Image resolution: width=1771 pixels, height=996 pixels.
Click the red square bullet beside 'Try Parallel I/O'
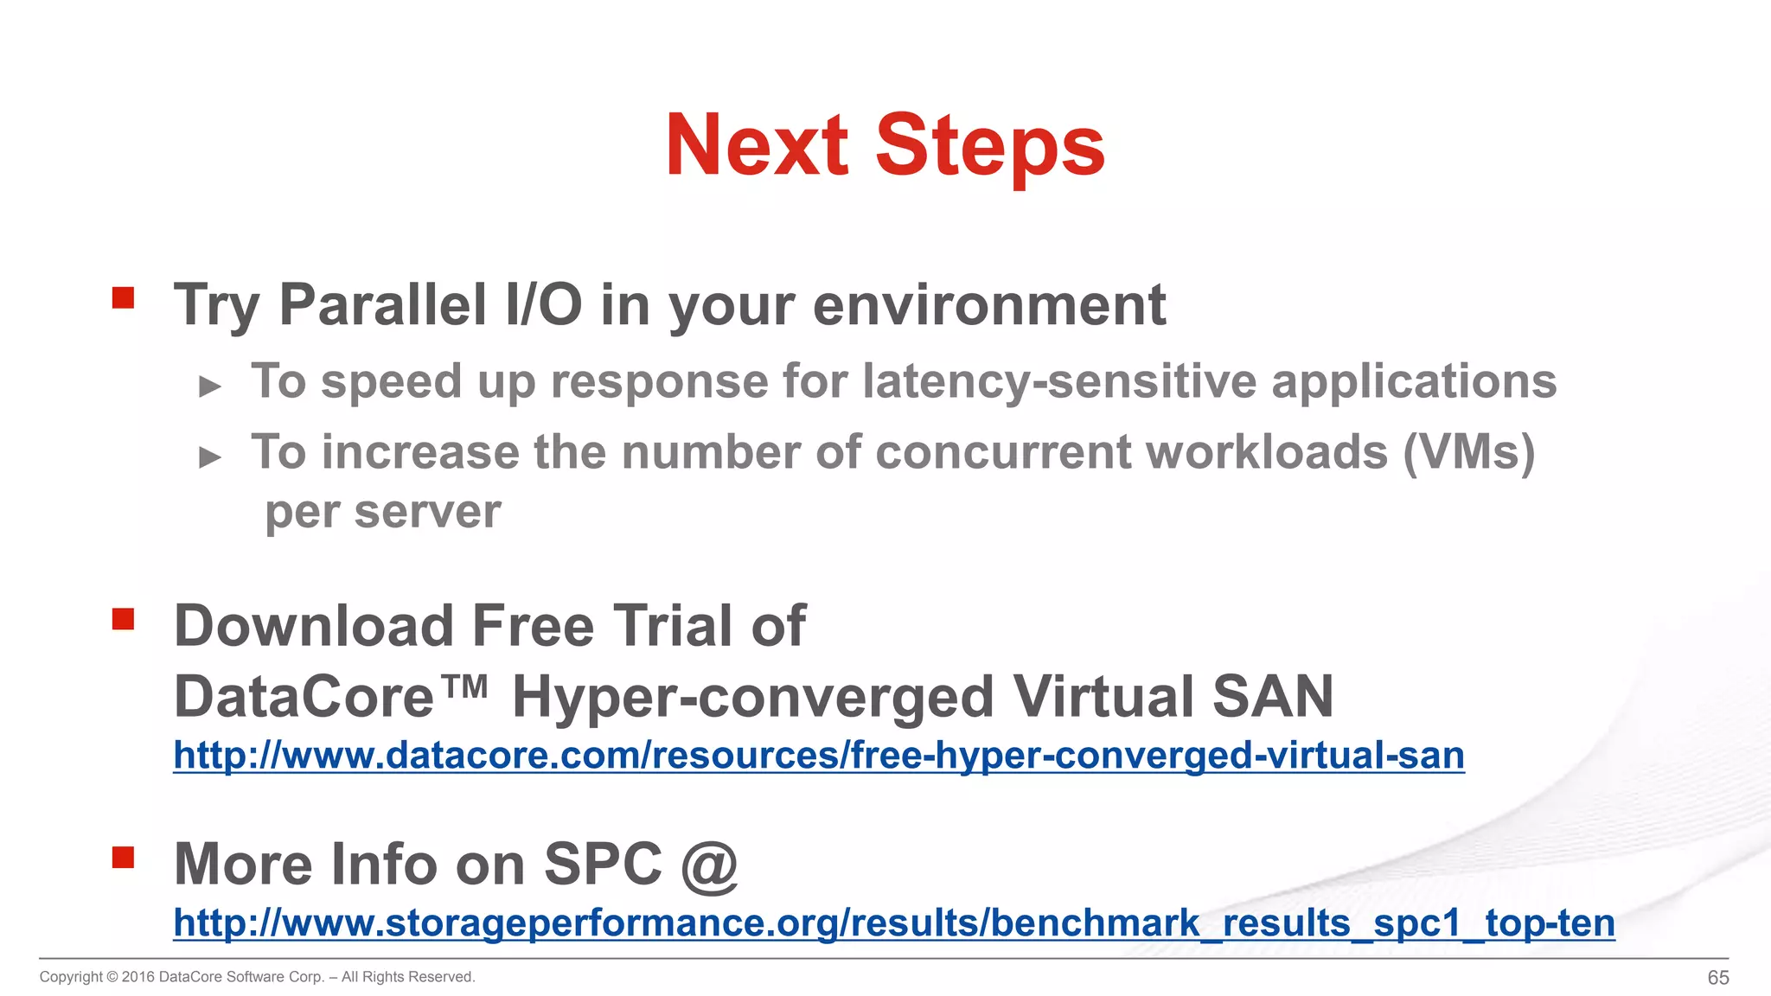pos(123,298)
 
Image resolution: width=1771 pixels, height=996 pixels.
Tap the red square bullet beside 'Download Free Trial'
pos(123,619)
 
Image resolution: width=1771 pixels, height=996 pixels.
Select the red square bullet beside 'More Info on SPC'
pos(123,857)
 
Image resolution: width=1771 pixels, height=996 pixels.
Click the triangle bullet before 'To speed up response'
pos(210,386)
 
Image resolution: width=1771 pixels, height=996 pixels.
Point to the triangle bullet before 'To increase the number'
pos(210,456)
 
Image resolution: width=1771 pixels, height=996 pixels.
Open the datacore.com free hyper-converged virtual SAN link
pos(818,756)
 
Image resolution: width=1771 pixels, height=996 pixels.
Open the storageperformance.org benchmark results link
pos(893,923)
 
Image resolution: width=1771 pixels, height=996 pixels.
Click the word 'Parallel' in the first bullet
pos(383,305)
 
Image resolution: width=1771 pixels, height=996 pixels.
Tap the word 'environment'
pos(989,305)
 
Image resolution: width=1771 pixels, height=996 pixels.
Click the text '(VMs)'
pos(1468,453)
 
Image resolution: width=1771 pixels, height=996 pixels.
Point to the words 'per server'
pos(383,513)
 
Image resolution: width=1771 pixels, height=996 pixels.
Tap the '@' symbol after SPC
pos(709,865)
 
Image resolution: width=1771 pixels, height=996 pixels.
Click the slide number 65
pos(1717,978)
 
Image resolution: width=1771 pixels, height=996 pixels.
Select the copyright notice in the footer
pos(257,977)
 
